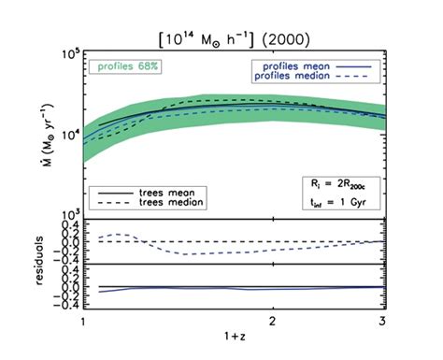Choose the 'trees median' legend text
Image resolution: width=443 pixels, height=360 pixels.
164,201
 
